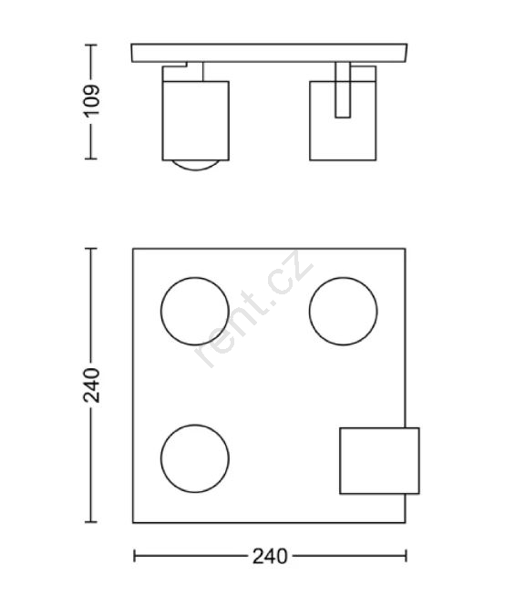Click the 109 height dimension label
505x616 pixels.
91,101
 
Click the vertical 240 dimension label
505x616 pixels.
91,385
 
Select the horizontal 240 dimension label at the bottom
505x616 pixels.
270,556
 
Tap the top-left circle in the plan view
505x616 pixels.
195,278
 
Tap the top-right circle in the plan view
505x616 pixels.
343,278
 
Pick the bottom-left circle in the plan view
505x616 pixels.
195,425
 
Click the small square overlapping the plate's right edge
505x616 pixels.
379,427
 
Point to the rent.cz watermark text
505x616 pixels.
254,309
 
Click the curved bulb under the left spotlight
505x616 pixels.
196,169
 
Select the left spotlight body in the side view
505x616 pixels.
196,120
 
